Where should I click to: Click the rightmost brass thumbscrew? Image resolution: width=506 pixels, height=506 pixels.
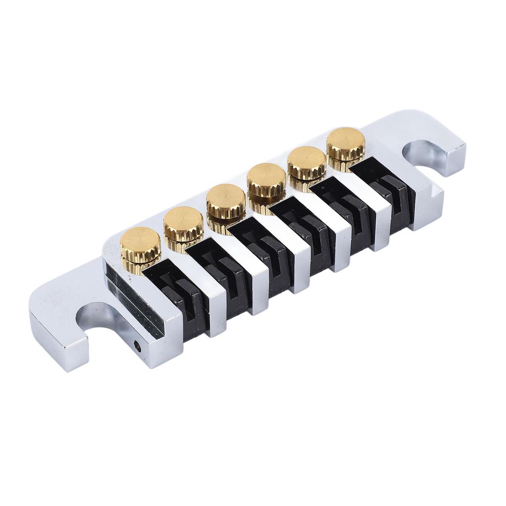coord(345,144)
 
